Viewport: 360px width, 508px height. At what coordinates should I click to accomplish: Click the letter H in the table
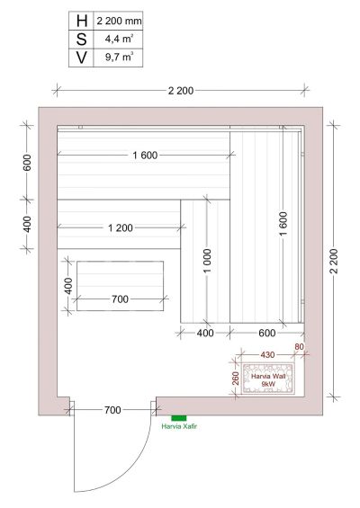(82, 21)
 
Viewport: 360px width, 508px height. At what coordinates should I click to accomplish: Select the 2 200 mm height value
(119, 22)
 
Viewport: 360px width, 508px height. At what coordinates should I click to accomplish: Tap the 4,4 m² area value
(119, 39)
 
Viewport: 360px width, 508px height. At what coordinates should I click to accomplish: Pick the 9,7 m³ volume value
(119, 58)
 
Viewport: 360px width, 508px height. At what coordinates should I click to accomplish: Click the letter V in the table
(81, 58)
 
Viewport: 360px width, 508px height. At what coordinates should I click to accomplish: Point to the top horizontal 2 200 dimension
(181, 91)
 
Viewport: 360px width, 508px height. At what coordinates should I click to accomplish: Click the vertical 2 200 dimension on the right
(334, 261)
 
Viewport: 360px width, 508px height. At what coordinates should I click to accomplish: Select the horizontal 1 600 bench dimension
(145, 156)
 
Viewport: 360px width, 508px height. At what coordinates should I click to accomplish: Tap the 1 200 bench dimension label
(121, 227)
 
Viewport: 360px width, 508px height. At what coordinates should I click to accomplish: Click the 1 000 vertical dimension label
(208, 261)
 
